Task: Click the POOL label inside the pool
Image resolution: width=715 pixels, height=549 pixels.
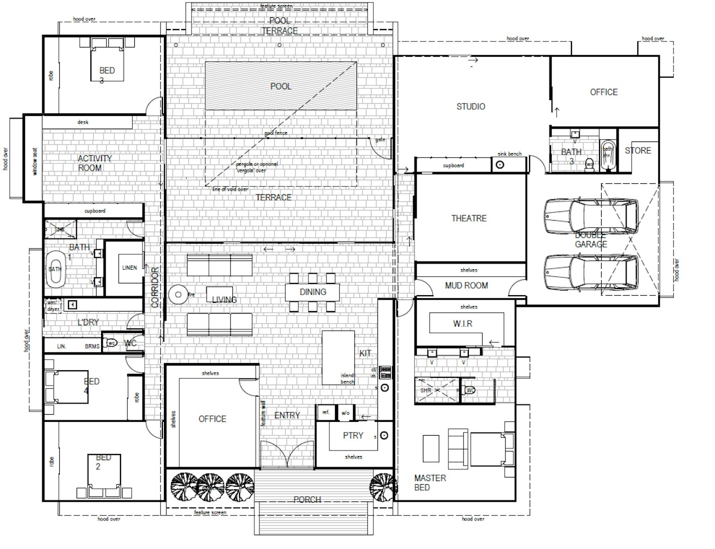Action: tap(280, 86)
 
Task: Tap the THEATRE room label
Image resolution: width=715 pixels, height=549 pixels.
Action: tap(469, 218)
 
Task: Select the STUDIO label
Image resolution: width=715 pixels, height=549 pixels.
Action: tap(470, 106)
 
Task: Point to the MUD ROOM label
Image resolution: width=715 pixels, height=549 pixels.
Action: tap(466, 285)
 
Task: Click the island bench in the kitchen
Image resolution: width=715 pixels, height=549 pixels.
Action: tap(338, 357)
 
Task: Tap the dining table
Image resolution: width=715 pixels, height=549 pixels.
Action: tap(313, 292)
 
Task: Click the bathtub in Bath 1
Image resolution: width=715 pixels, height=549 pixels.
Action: tap(55, 268)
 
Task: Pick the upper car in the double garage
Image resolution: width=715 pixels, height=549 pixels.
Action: tap(590, 217)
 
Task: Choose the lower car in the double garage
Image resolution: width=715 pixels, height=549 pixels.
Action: tap(590, 271)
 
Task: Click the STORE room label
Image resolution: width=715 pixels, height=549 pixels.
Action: tap(638, 150)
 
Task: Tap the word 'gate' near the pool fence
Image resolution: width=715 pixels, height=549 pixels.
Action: tap(380, 139)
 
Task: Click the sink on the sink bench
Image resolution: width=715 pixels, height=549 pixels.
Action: tap(500, 164)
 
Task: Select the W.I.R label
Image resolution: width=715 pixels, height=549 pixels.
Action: tap(463, 324)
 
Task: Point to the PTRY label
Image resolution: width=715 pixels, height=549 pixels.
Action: tap(353, 435)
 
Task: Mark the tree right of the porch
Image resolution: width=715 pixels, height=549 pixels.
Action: tap(383, 485)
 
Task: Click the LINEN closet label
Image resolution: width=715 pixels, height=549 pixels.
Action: tap(130, 268)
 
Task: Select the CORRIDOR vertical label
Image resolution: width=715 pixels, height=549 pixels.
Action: tap(155, 287)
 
